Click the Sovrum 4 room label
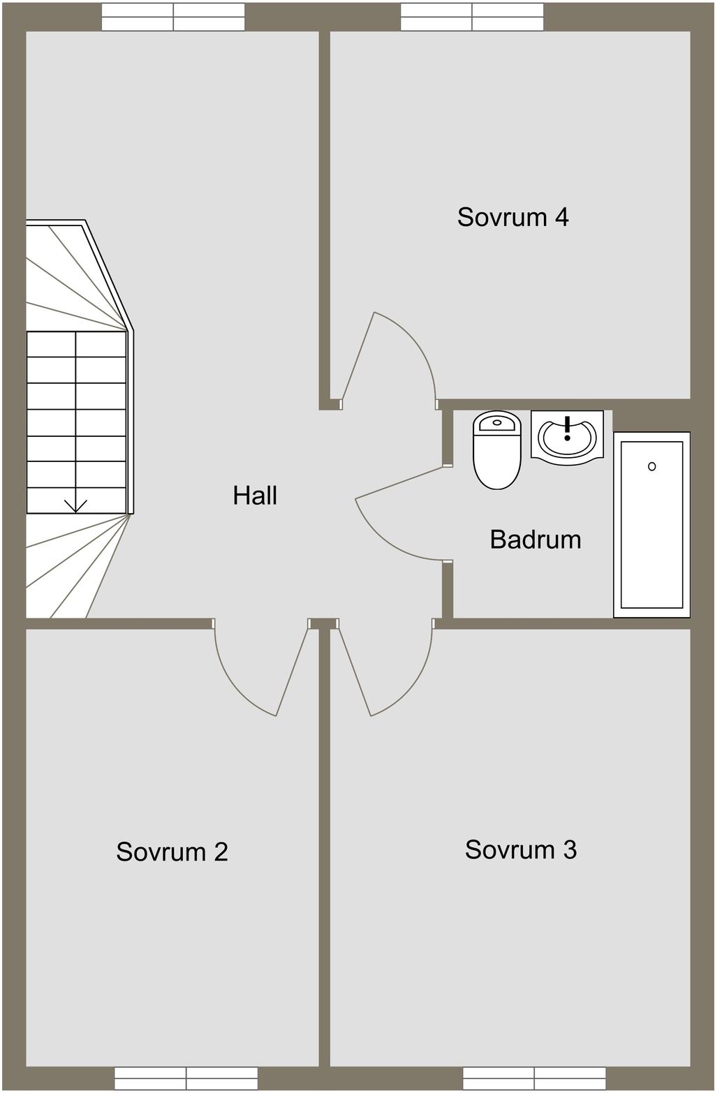[x=513, y=217]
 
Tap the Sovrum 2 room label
[x=172, y=852]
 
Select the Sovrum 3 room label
[x=520, y=849]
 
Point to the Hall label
[x=255, y=496]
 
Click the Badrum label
[x=536, y=540]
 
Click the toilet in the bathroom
[x=497, y=450]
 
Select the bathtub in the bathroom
[x=651, y=525]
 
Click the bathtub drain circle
[x=651, y=466]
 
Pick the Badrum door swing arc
[x=385, y=540]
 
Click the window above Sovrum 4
[x=472, y=17]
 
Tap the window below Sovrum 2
[x=186, y=1079]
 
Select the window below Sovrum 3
[x=534, y=1079]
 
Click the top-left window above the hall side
[x=173, y=17]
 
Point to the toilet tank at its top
[x=497, y=422]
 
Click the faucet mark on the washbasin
[x=567, y=429]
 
